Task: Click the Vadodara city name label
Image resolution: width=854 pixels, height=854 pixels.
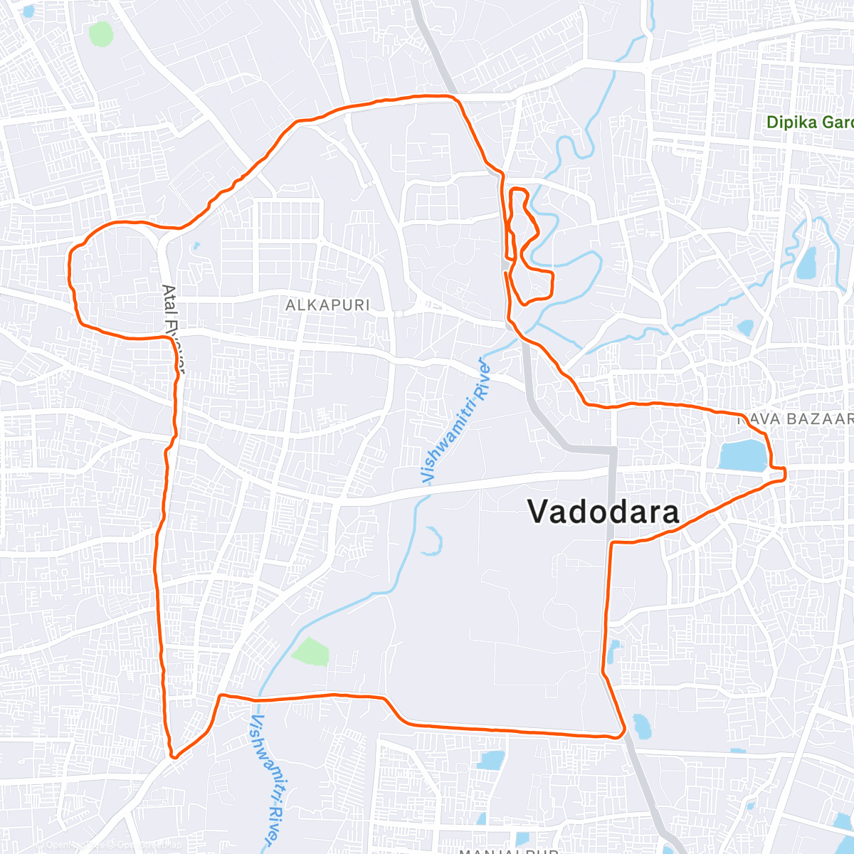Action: (x=603, y=512)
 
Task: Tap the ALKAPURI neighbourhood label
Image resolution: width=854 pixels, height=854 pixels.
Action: (x=327, y=305)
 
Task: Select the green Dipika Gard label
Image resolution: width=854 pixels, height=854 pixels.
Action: (x=809, y=122)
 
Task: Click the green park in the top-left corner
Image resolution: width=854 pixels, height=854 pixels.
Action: (x=100, y=33)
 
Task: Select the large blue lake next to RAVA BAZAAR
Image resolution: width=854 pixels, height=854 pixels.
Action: (x=742, y=455)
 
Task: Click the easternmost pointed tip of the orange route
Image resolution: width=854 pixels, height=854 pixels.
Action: (x=785, y=474)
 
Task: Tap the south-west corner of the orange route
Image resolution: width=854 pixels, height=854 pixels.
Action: (x=173, y=756)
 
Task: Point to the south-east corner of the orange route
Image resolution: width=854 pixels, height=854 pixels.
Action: (x=623, y=730)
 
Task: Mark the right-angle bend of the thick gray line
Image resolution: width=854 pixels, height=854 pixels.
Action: (x=612, y=450)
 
